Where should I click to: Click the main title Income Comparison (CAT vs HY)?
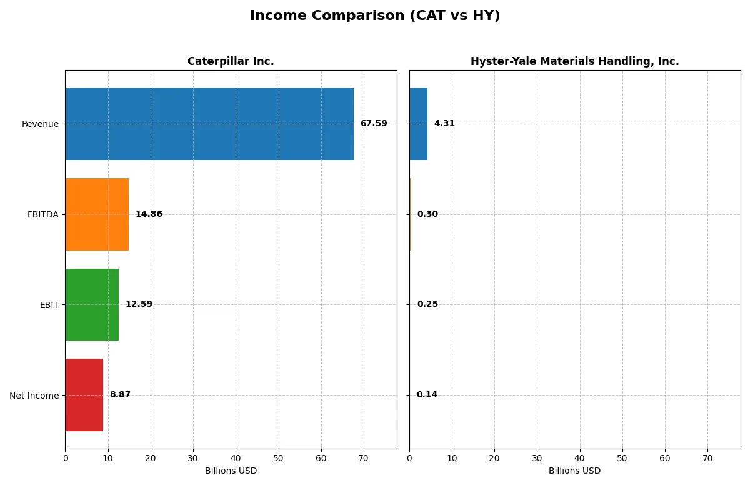375,16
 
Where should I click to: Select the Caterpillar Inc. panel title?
231,61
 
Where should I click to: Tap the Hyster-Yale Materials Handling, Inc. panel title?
574,61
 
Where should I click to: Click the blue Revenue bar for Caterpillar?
209,124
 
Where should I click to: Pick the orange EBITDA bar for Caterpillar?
97,214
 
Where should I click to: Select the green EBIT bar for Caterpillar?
92,304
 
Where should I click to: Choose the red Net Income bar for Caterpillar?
84,395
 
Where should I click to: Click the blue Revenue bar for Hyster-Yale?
418,124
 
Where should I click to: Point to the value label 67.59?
374,124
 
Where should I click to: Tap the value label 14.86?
149,214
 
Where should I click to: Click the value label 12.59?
139,304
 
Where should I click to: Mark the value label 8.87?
120,395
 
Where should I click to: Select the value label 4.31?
444,124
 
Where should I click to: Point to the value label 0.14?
427,395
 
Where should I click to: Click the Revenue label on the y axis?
40,124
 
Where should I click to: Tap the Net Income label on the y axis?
34,396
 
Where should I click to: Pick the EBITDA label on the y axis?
42,214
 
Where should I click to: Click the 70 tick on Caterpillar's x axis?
364,458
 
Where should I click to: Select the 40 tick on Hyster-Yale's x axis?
579,458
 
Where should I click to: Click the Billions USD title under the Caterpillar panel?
231,471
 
